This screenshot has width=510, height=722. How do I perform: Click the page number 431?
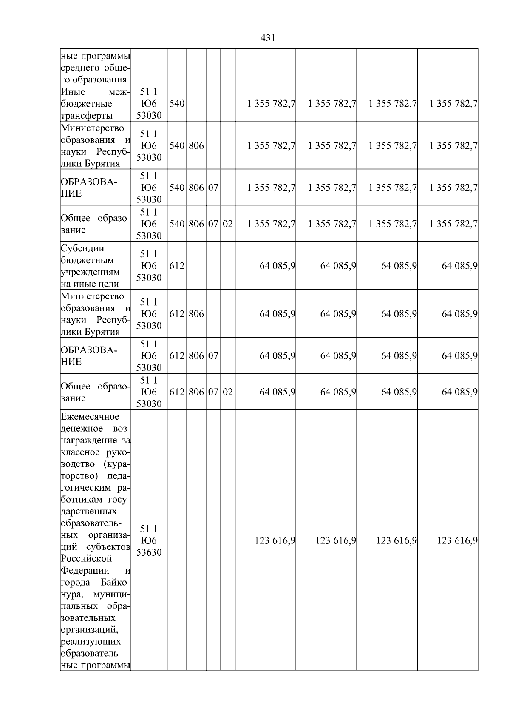click(x=267, y=38)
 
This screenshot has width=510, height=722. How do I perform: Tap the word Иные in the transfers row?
click(x=73, y=92)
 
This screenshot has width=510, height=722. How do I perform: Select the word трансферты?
click(x=87, y=116)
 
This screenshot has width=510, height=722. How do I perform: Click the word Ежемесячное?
click(x=90, y=416)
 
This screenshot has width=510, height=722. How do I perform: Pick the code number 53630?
click(x=149, y=552)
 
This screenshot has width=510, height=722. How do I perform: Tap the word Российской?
click(x=86, y=558)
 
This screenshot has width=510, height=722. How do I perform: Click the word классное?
click(x=80, y=452)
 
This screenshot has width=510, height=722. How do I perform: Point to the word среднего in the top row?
click(x=80, y=68)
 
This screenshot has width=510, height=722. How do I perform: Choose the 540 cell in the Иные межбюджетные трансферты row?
click(x=177, y=104)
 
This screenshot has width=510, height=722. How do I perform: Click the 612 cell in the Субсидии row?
click(x=177, y=266)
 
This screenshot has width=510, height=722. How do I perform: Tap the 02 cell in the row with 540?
click(x=228, y=224)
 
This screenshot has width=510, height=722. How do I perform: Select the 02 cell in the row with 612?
click(x=228, y=392)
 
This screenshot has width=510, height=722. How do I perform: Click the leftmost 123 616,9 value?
click(x=275, y=541)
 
